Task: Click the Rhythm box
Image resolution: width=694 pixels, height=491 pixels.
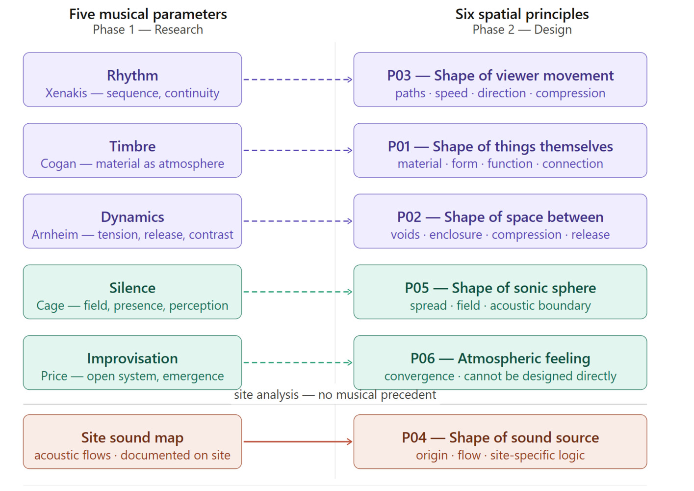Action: coord(132,80)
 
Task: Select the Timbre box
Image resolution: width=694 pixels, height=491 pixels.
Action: coord(132,150)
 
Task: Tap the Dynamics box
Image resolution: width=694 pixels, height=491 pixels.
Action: coord(132,221)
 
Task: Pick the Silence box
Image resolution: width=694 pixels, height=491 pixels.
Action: coord(132,292)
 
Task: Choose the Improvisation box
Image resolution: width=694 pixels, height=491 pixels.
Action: coord(132,362)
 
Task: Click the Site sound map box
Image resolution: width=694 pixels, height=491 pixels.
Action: coord(132,442)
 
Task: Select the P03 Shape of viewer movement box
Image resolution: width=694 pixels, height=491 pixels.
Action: coord(500,80)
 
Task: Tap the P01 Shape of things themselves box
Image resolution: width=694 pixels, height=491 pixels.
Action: coord(500,150)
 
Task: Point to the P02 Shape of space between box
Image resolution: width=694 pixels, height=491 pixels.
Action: coord(500,221)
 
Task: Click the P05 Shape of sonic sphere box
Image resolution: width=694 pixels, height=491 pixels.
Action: coord(500,292)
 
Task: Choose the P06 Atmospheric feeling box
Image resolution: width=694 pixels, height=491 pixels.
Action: coord(500,362)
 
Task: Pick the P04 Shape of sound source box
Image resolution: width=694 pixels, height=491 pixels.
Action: coord(500,442)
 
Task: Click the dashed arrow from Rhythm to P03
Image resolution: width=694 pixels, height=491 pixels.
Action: coord(298,80)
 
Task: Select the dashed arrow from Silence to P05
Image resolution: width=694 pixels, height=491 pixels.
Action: coord(298,292)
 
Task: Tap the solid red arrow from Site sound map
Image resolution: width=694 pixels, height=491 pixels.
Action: coord(298,442)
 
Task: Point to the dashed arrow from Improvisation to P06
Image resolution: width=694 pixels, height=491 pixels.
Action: coord(298,362)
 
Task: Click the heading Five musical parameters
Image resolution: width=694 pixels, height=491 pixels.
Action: coord(148,14)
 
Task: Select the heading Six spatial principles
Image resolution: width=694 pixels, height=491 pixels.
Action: coord(522,14)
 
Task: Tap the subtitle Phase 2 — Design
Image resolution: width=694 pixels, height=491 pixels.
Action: coord(522,30)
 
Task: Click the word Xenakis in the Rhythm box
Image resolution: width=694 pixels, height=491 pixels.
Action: coord(66,93)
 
